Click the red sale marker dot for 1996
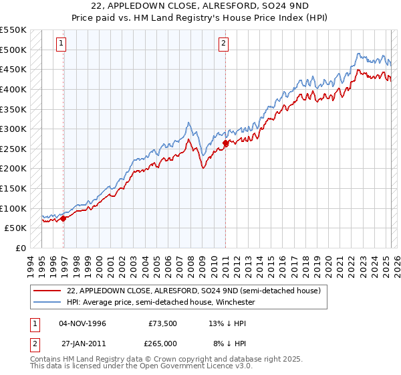click(x=63, y=218)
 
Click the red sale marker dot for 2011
click(x=226, y=143)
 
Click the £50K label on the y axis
click(x=15, y=228)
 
